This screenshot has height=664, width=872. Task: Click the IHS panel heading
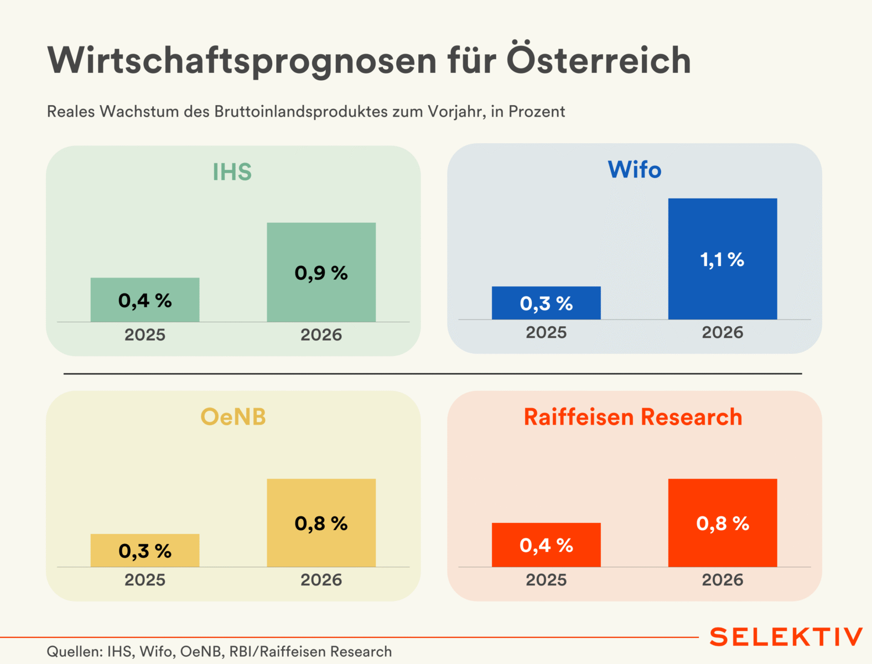pos(232,172)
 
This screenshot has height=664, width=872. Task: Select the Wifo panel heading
pos(634,170)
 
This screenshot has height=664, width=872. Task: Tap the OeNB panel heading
pos(233,417)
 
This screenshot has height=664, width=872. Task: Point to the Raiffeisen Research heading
pos(633,417)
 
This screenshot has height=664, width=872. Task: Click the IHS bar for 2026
pos(321,272)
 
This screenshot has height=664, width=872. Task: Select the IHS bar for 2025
pos(145,300)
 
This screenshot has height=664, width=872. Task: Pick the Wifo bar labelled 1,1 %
pos(722,259)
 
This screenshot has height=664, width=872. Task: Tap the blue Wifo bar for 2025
pos(546,303)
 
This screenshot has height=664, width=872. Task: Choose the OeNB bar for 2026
pos(321,522)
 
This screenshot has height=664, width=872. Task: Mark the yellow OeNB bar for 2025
pos(145,550)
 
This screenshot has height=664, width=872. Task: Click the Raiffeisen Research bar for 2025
pos(546,545)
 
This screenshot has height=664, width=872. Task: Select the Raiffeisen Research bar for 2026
pos(722,522)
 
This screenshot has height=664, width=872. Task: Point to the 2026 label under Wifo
pos(722,332)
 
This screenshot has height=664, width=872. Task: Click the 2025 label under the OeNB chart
pos(145,579)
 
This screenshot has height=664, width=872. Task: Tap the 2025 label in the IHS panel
pos(145,334)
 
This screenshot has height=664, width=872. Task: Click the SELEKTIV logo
pos(786,637)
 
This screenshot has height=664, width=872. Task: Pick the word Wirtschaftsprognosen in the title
pos(242,61)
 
